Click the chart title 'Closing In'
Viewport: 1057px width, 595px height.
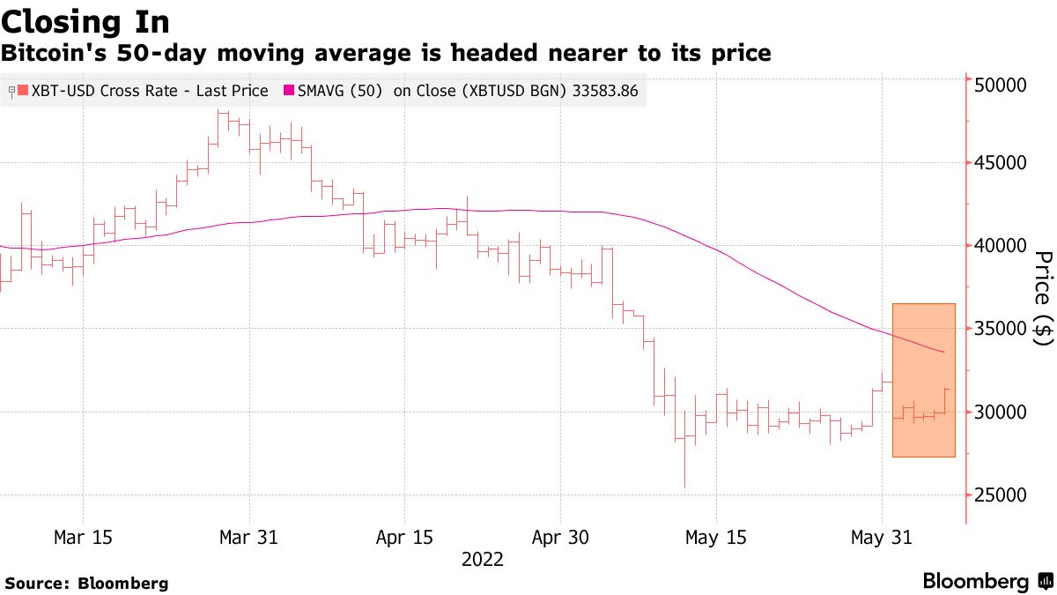tap(85, 20)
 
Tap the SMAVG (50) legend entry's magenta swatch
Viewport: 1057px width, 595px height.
tap(287, 91)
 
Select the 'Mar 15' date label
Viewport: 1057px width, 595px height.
tap(82, 537)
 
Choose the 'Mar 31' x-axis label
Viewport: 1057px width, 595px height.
tap(249, 537)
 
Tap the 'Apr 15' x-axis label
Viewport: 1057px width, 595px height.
tap(403, 537)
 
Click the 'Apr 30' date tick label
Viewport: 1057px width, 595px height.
tap(560, 537)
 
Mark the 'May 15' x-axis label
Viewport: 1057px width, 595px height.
tap(716, 537)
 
